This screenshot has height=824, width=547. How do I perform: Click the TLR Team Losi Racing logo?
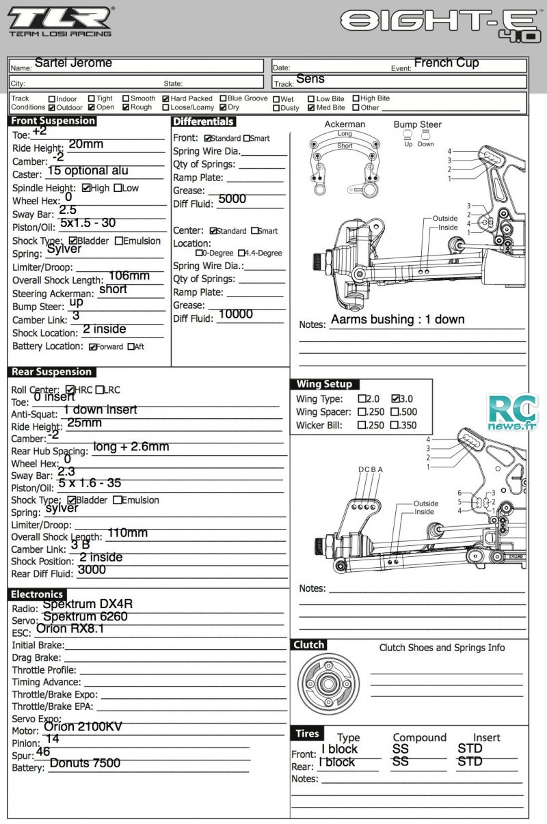(x=61, y=21)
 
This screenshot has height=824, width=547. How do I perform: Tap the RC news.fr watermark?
(x=512, y=413)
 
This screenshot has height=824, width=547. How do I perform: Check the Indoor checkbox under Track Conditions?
(x=52, y=99)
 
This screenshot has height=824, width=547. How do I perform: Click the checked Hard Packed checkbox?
(x=165, y=98)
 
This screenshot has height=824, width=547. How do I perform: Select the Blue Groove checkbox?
(x=223, y=98)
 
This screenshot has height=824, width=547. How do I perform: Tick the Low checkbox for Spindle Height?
(x=118, y=188)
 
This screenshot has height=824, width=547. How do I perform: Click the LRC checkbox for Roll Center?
(x=99, y=390)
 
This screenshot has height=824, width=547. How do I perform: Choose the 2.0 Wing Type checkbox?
(x=362, y=399)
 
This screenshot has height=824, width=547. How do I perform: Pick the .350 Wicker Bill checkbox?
(x=395, y=425)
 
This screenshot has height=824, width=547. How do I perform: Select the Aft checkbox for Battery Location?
(x=131, y=346)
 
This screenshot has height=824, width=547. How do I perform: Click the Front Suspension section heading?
(x=52, y=121)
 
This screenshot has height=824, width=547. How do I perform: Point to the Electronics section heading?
(x=37, y=594)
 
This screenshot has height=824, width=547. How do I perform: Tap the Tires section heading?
(x=308, y=733)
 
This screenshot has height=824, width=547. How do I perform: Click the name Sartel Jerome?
(x=73, y=63)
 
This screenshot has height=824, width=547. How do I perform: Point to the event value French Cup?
(x=446, y=63)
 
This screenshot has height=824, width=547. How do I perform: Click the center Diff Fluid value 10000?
(x=236, y=314)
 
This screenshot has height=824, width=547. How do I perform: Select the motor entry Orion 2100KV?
(x=83, y=726)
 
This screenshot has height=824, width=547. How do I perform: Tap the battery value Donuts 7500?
(x=85, y=763)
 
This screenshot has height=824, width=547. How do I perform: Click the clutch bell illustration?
(x=328, y=684)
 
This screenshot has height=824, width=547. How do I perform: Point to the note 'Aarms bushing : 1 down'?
(x=398, y=319)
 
